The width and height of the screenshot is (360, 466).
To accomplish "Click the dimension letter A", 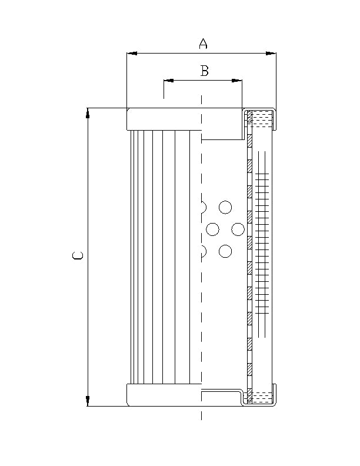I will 203,44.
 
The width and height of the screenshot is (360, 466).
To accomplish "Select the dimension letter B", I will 204,71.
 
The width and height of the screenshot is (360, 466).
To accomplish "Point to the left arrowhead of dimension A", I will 132,54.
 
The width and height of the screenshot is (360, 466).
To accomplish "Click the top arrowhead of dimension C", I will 88,113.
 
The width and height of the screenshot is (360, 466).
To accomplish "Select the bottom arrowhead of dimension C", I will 88,401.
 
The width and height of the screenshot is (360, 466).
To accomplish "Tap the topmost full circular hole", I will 225,207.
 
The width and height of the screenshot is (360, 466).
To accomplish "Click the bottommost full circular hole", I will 225,252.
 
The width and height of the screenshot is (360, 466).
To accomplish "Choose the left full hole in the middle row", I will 213,229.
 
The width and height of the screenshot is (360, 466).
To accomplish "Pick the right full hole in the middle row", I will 238,229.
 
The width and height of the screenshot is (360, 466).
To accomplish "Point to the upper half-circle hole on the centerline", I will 204,207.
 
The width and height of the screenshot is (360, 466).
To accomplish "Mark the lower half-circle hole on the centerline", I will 204,252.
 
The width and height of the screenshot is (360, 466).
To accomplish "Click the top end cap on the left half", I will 164,119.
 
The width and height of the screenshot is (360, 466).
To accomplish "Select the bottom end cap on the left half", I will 164,395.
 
